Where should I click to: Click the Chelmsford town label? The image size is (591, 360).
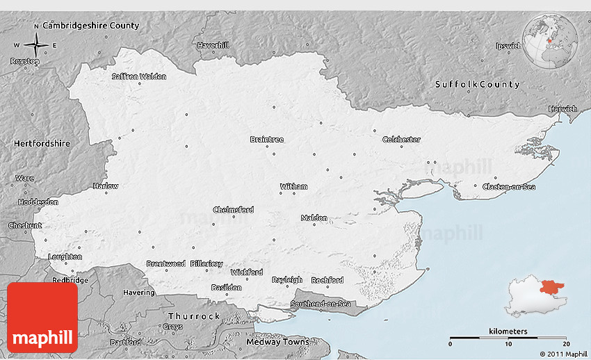233,210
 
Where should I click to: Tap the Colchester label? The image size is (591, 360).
401,140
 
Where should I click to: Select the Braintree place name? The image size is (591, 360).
267,140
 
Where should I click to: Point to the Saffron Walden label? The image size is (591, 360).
139,76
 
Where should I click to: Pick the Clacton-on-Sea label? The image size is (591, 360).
510,186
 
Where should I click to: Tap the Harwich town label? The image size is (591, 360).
562,109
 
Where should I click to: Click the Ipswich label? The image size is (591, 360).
508,46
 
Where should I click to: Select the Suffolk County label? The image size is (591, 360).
477,84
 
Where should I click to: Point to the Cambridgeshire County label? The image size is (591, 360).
91,26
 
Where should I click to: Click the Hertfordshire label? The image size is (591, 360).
42,143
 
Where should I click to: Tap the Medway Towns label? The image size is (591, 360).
277,342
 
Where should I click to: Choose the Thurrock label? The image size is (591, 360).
193,316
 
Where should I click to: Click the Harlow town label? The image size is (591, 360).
106,186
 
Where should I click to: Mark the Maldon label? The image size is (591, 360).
314,218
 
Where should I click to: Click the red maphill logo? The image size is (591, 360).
42,317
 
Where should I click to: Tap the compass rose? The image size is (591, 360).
35,45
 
